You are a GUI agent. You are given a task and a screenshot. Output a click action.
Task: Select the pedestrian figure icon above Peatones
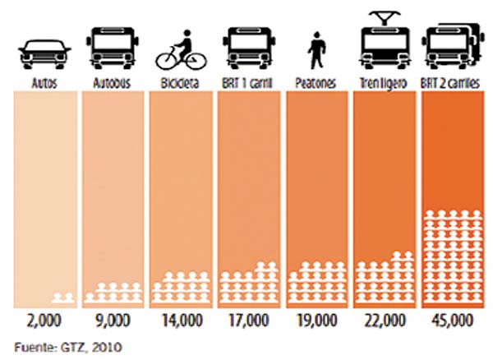point(316,52)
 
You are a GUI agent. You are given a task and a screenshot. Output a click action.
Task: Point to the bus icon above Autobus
point(112,48)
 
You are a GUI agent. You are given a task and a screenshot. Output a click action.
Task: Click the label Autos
point(44,83)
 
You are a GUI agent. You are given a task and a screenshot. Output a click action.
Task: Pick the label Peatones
point(316,83)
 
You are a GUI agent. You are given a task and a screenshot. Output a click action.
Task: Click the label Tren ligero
point(385,83)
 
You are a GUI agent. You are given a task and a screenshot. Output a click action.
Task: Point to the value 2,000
point(44,321)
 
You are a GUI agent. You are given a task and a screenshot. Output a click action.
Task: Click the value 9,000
point(113,321)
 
